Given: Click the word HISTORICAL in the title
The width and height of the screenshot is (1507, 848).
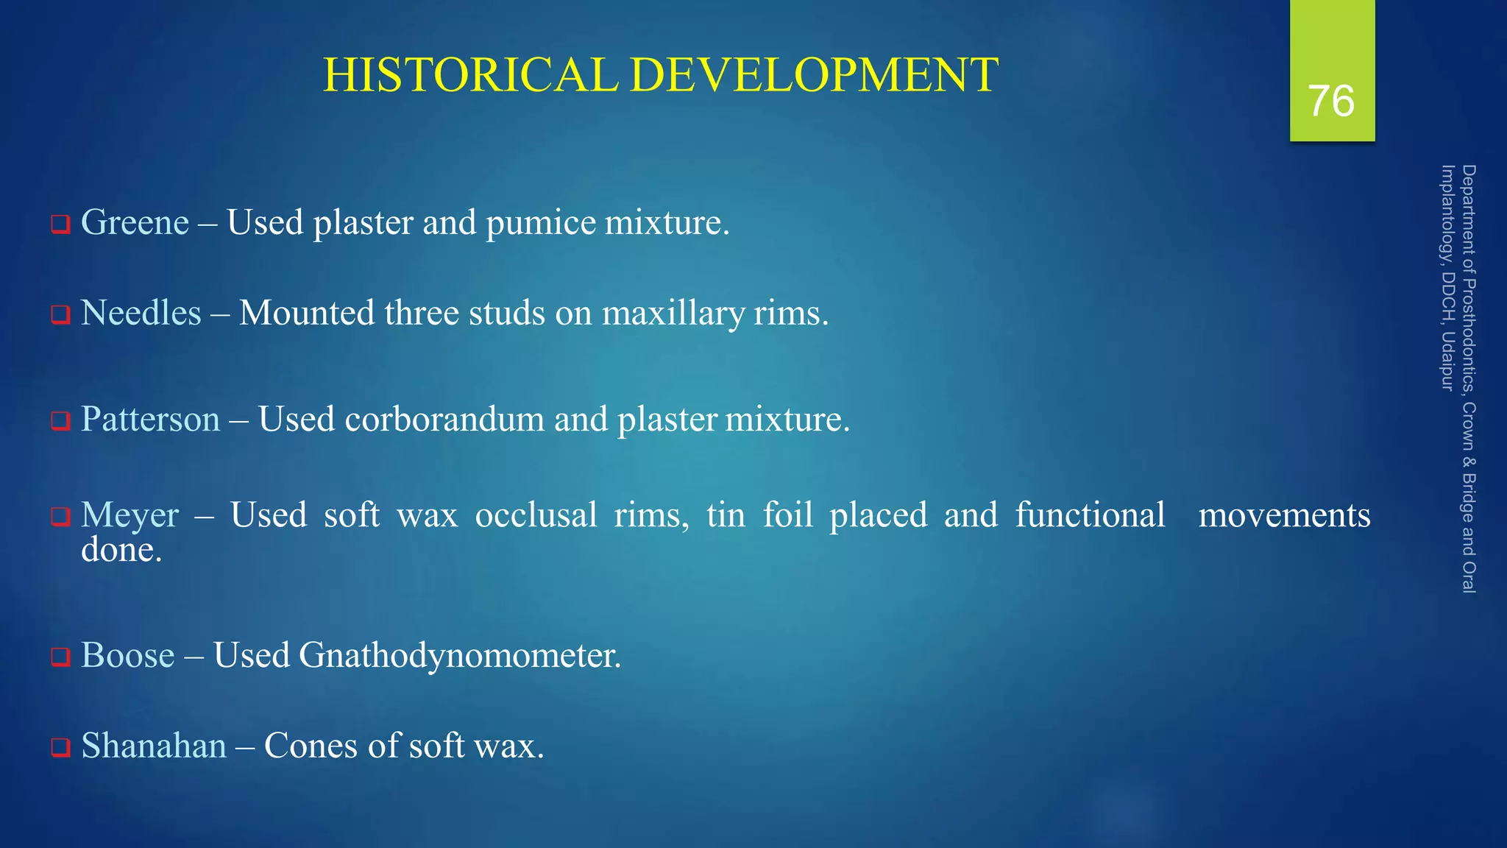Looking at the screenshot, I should [x=471, y=75].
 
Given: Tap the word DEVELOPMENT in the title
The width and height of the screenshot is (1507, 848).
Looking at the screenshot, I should [x=815, y=75].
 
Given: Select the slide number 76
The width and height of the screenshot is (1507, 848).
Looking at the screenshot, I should [x=1331, y=101].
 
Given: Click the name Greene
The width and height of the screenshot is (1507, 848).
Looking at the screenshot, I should [x=135, y=222].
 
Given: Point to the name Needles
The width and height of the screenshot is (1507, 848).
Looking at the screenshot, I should [x=141, y=313].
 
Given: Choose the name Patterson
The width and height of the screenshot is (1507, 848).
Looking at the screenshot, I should [x=150, y=420].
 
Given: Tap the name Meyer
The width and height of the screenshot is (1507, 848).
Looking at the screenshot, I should [x=130, y=515].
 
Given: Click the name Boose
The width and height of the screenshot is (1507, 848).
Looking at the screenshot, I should [x=127, y=655].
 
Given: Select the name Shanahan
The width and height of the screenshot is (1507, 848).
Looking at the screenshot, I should [x=153, y=746].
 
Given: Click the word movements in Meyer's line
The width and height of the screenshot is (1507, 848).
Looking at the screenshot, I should [x=1284, y=515].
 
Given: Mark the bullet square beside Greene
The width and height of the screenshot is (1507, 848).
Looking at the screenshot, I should [x=60, y=224].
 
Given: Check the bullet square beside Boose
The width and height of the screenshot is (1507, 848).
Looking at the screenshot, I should [x=60, y=657].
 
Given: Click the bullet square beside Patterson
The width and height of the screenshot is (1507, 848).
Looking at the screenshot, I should [x=60, y=421].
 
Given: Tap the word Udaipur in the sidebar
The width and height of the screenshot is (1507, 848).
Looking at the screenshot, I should [x=1447, y=361].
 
